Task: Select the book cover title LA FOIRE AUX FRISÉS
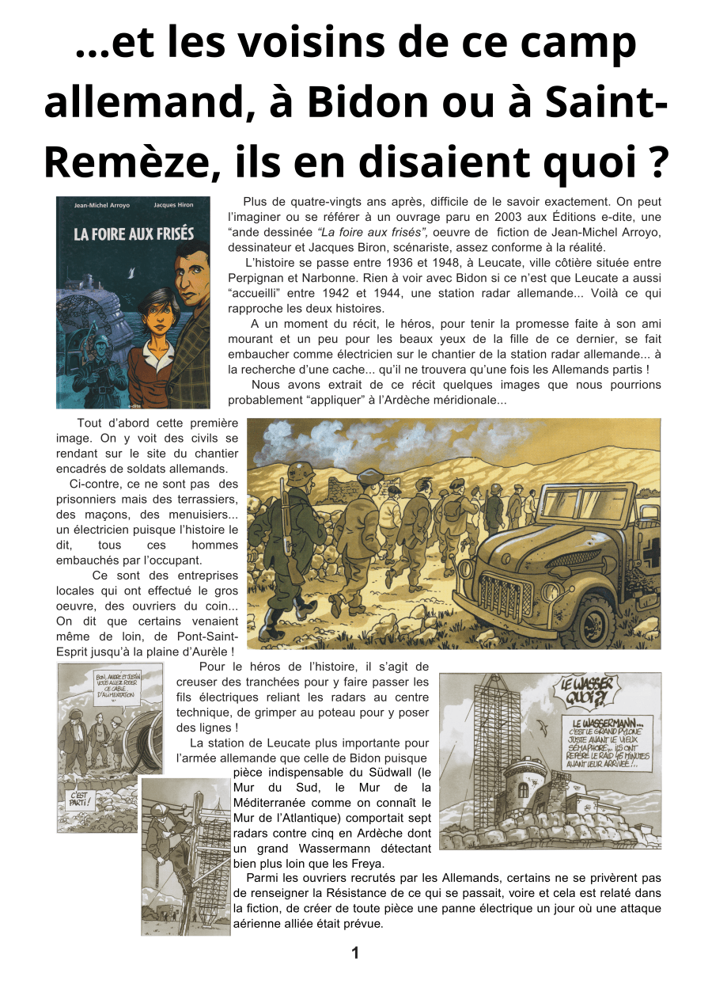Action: [x=133, y=234]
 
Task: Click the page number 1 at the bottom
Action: [x=355, y=953]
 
